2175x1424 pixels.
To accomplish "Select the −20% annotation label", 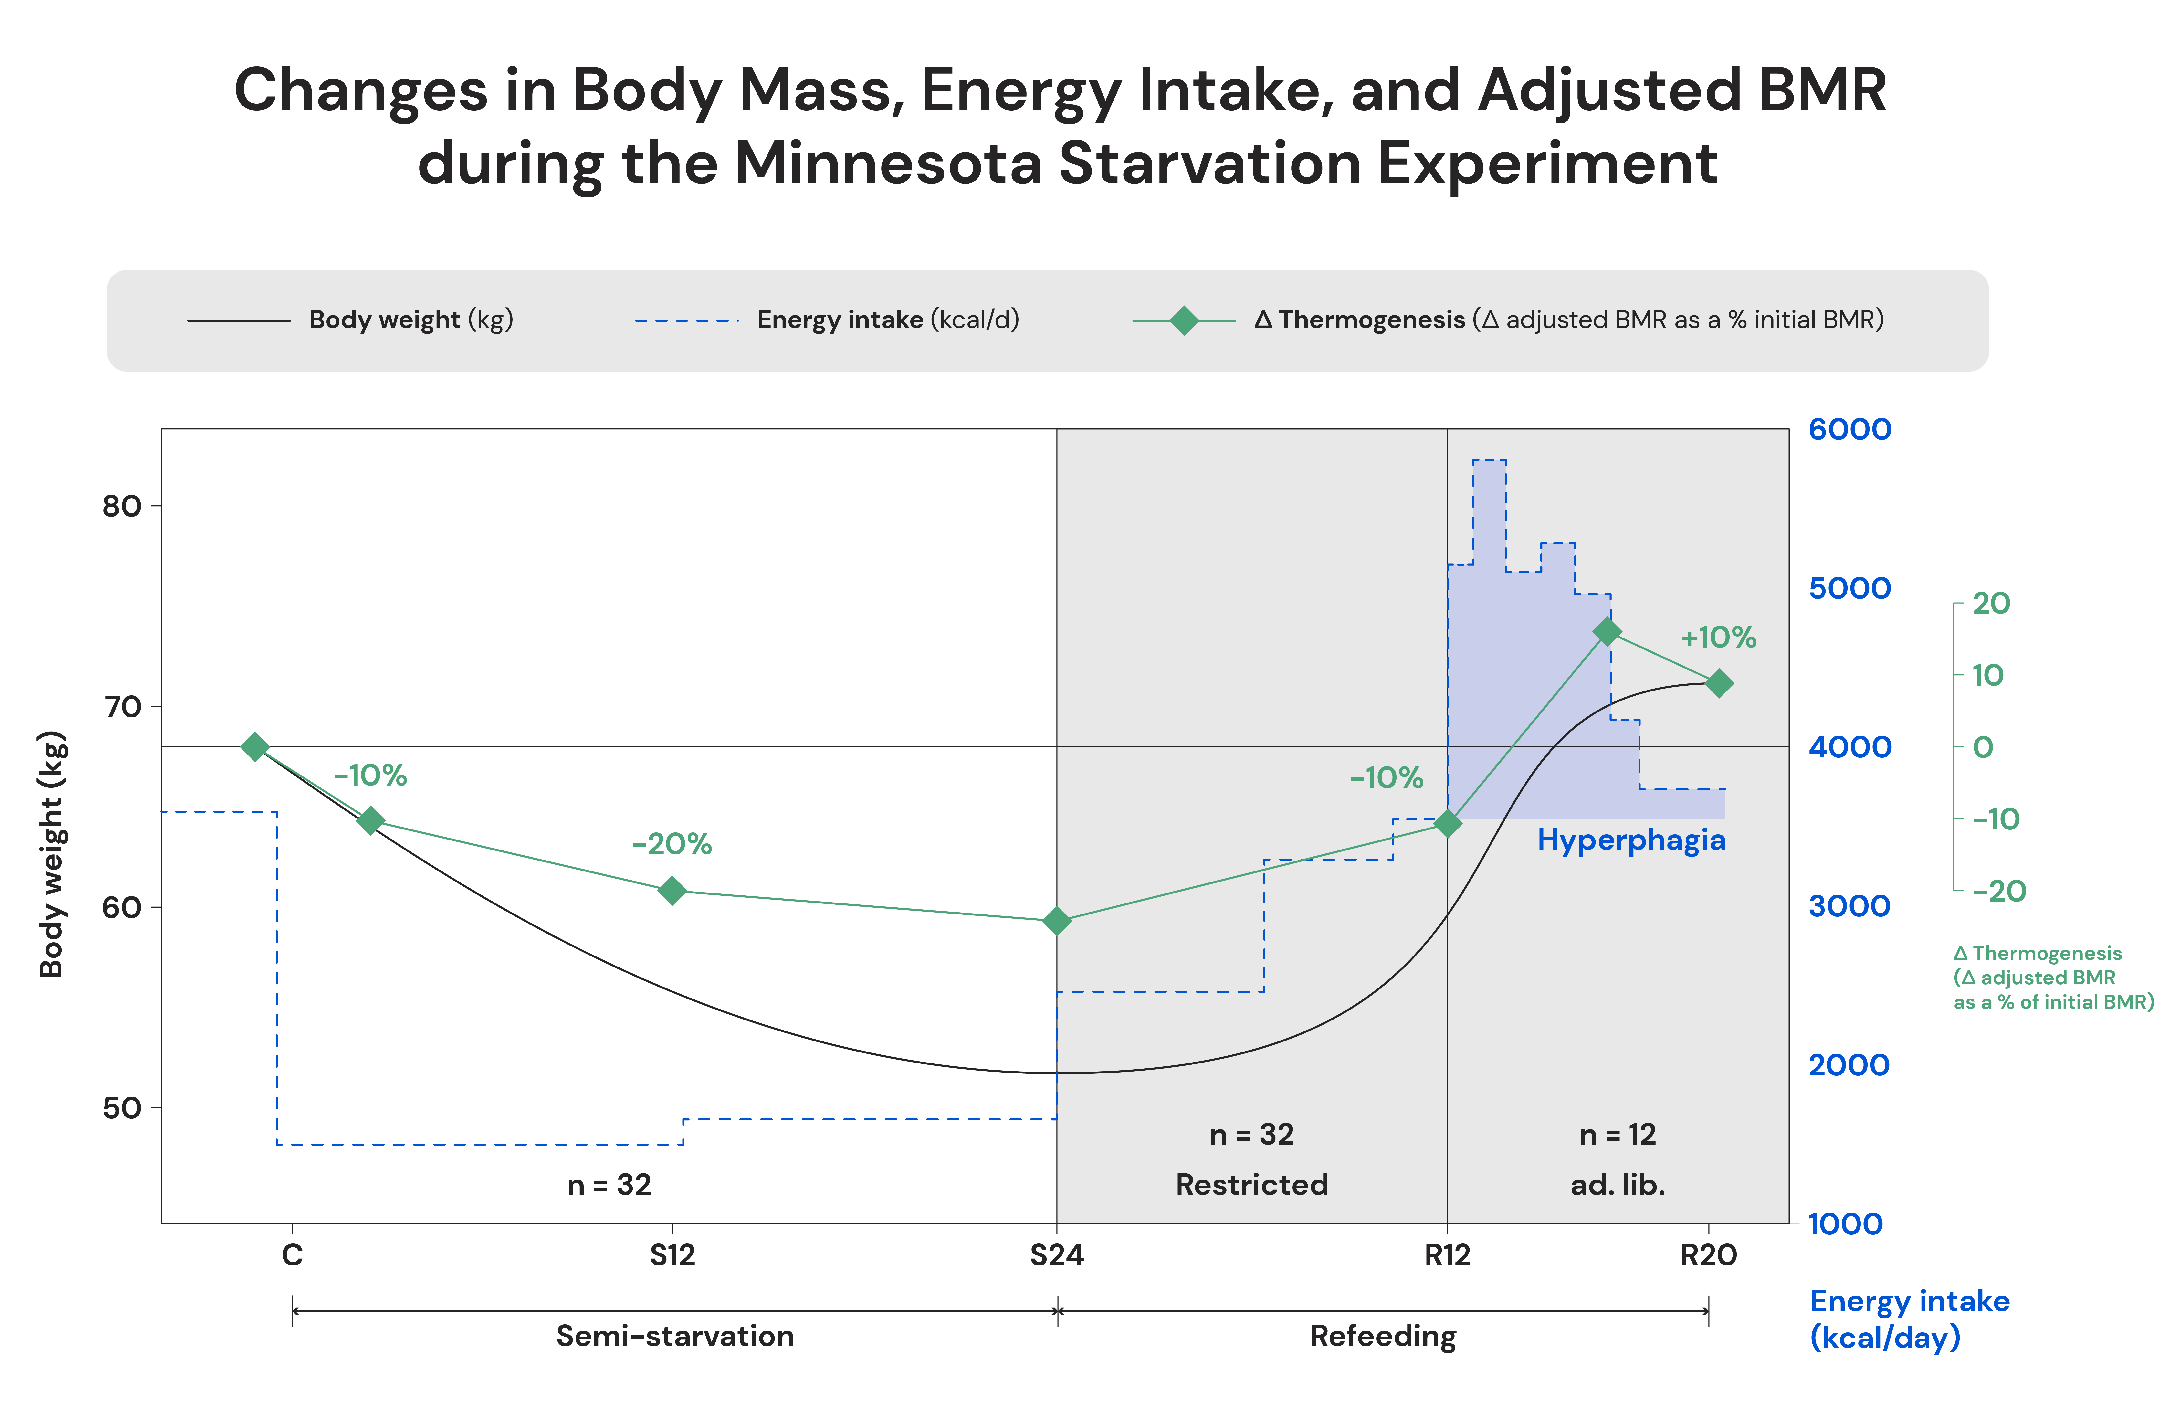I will (672, 844).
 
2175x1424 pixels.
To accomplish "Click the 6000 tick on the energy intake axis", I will (1850, 430).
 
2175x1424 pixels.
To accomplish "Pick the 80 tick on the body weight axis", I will (122, 506).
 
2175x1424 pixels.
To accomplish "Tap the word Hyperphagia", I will (1631, 840).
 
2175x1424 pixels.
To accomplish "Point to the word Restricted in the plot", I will (1251, 1185).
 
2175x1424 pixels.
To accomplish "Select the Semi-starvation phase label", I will (675, 1336).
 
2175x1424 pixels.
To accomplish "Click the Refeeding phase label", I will (1383, 1336).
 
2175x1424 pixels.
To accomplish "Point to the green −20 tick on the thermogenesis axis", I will (1999, 891).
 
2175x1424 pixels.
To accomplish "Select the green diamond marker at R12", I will (1448, 824).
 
